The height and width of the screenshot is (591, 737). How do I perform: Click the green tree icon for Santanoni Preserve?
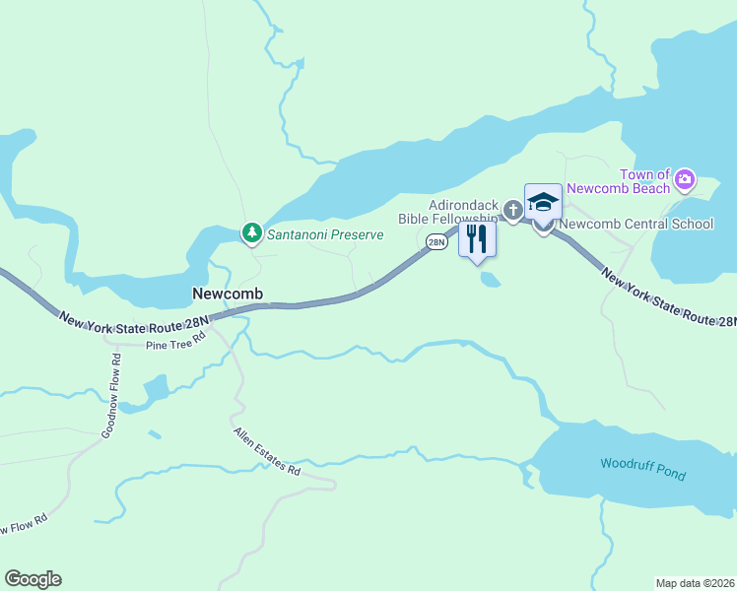tap(253, 233)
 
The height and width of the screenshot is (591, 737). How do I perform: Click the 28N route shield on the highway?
tap(436, 241)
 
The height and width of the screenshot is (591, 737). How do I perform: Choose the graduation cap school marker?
tap(543, 203)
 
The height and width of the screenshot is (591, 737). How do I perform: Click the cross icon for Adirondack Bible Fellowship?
tap(512, 210)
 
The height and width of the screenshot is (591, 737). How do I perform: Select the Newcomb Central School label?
tap(636, 224)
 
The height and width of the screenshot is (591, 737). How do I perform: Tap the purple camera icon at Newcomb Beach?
tap(685, 181)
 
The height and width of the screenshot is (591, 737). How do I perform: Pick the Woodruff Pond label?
tap(642, 469)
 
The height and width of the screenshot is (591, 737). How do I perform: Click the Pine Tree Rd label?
tap(174, 341)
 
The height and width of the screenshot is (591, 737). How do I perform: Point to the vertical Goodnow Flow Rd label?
tap(110, 395)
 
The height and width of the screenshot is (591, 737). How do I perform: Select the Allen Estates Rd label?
tap(266, 452)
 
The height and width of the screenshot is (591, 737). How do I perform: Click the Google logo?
tap(33, 579)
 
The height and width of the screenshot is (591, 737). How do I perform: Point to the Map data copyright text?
tap(695, 582)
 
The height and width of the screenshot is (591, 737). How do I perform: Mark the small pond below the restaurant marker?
tap(490, 280)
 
